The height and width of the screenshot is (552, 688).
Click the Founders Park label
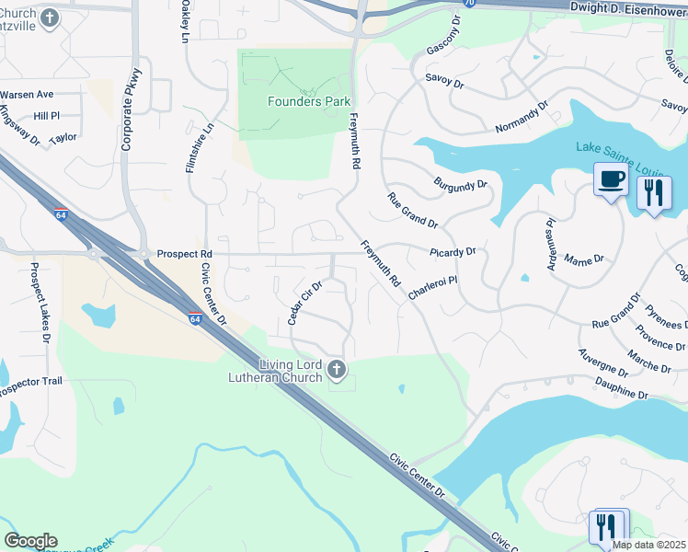pyautogui.click(x=308, y=101)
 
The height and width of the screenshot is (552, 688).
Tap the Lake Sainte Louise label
pyautogui.click(x=631, y=148)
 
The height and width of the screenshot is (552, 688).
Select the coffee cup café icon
pyautogui.click(x=610, y=179)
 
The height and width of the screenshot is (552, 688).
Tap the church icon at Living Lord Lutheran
pyautogui.click(x=338, y=370)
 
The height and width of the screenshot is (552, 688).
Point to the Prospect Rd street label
pyautogui.click(x=184, y=254)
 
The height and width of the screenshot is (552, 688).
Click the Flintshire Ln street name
pyautogui.click(x=194, y=148)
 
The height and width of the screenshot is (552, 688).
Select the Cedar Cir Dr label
pyautogui.click(x=304, y=303)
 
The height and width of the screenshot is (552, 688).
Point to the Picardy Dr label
pyautogui.click(x=453, y=251)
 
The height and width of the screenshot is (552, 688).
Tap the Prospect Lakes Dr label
pyautogui.click(x=40, y=304)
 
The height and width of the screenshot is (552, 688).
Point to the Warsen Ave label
pyautogui.click(x=27, y=94)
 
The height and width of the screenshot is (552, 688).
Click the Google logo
pyautogui.click(x=30, y=541)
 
